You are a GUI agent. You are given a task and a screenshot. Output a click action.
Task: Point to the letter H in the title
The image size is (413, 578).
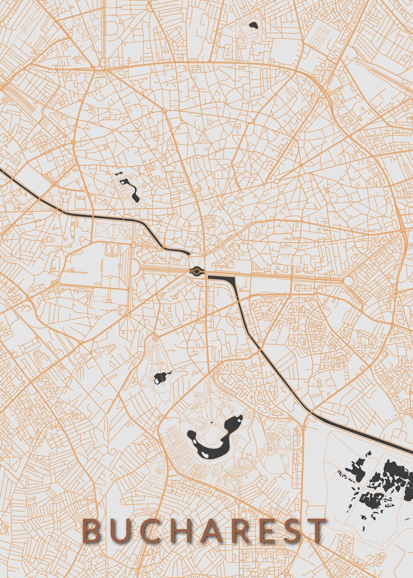pyautogui.click(x=183, y=530)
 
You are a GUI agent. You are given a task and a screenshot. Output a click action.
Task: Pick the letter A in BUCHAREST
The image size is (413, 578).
pyautogui.click(x=212, y=530)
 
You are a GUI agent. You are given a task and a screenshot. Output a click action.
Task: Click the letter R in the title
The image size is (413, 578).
pyautogui.click(x=240, y=530)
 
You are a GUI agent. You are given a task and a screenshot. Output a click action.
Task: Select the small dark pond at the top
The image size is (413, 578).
pyautogui.click(x=253, y=26)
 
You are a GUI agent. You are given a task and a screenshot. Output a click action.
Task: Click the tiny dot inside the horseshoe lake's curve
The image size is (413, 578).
pyautogui.click(x=211, y=422)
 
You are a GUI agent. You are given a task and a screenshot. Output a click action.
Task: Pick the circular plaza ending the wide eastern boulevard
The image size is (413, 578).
pyautogui.click(x=348, y=281)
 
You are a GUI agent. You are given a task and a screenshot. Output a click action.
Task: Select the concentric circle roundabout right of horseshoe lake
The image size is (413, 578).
pyautogui.click(x=269, y=450)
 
